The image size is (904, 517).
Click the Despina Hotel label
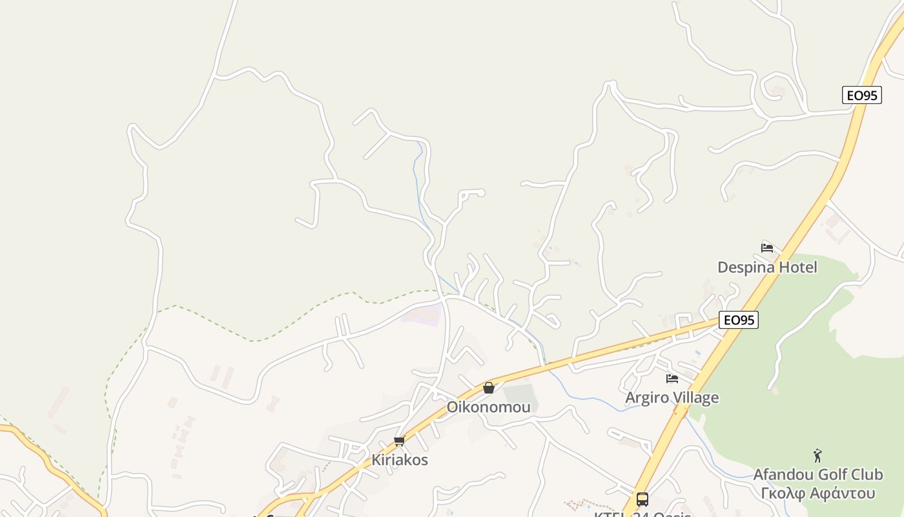pos(767,267)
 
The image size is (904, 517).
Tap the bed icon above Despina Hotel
pos(767,248)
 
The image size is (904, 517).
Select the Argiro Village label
pos(672,397)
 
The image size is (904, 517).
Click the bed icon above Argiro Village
pos(672,379)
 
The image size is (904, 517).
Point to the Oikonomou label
pos(489,407)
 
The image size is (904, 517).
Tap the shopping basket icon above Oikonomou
pos(489,388)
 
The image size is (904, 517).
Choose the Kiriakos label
pos(399,460)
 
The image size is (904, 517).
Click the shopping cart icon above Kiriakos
pos(399,441)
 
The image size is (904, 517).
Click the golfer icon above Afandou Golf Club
pos(817,456)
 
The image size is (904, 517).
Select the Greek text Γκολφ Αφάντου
pos(817,493)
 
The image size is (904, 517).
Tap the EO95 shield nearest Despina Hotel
pos(739,320)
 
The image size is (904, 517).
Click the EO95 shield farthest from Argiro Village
pos(862,95)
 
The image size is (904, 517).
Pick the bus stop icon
pos(642,500)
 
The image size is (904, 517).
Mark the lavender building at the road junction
pos(422,315)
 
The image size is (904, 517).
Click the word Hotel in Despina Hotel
pos(797,267)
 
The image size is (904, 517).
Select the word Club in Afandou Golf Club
pos(866,475)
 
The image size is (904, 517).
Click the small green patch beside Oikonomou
pos(520,395)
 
